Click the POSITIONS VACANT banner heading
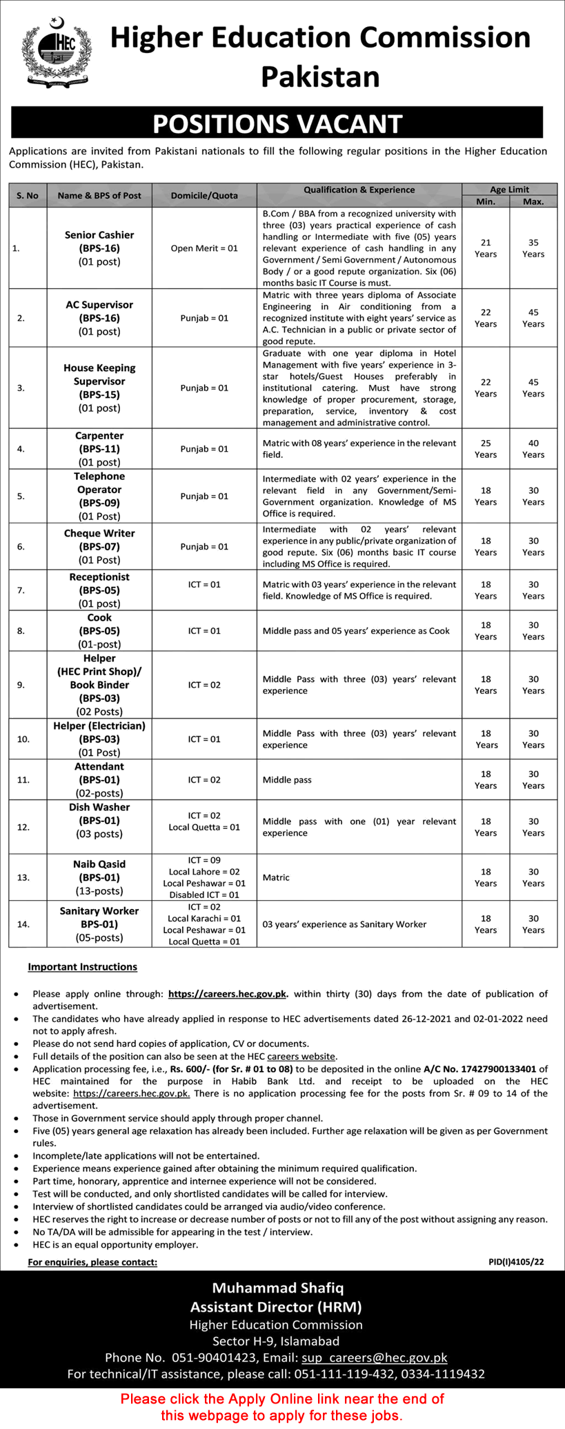(x=277, y=124)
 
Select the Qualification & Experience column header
(x=359, y=190)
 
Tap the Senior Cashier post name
(x=99, y=235)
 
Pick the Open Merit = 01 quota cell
(x=204, y=248)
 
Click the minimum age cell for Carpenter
(x=486, y=449)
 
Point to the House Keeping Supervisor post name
(x=99, y=374)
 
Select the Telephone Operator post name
(x=99, y=483)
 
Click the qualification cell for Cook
(x=356, y=631)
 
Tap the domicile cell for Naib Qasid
(x=204, y=877)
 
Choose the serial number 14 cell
(x=23, y=924)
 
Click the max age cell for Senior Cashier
(x=533, y=248)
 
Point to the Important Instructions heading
(x=82, y=967)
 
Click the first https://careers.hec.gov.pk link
(x=227, y=994)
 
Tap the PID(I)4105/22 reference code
(x=516, y=1262)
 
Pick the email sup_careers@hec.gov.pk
(x=375, y=1357)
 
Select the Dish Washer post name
(x=99, y=807)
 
